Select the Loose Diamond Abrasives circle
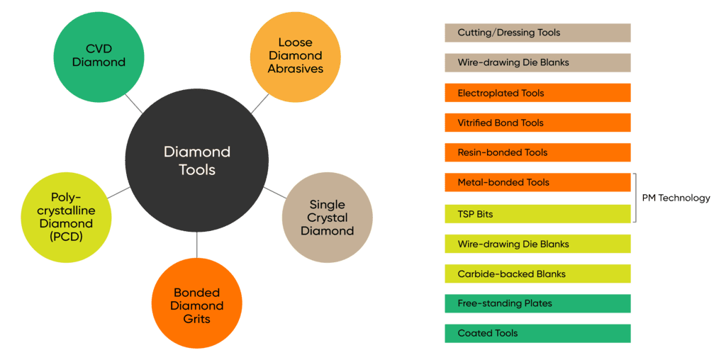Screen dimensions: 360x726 [x=295, y=55]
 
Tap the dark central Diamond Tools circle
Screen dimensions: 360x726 [x=197, y=160]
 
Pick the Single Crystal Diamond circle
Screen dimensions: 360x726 [x=327, y=218]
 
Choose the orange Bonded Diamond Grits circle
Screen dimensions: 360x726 [x=197, y=305]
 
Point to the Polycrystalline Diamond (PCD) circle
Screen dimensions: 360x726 [x=67, y=217]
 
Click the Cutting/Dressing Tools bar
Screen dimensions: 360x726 [x=537, y=33]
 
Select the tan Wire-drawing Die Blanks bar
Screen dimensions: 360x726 [x=537, y=62]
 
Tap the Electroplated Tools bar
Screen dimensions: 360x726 [x=537, y=93]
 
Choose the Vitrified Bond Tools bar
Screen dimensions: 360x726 [x=537, y=123]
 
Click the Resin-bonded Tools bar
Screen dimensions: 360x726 [x=537, y=152]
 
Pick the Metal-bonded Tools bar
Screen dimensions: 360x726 [x=537, y=182]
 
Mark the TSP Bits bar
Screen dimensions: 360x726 [x=537, y=214]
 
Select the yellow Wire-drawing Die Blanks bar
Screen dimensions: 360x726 [x=537, y=244]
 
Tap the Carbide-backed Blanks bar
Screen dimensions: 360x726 [x=537, y=274]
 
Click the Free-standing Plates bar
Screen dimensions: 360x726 [x=537, y=303]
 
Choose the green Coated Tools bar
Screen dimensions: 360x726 [x=537, y=333]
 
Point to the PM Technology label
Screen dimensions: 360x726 [x=676, y=198]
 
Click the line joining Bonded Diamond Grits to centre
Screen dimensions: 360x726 [x=196, y=245]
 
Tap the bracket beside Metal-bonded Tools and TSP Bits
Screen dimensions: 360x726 [x=635, y=198]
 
